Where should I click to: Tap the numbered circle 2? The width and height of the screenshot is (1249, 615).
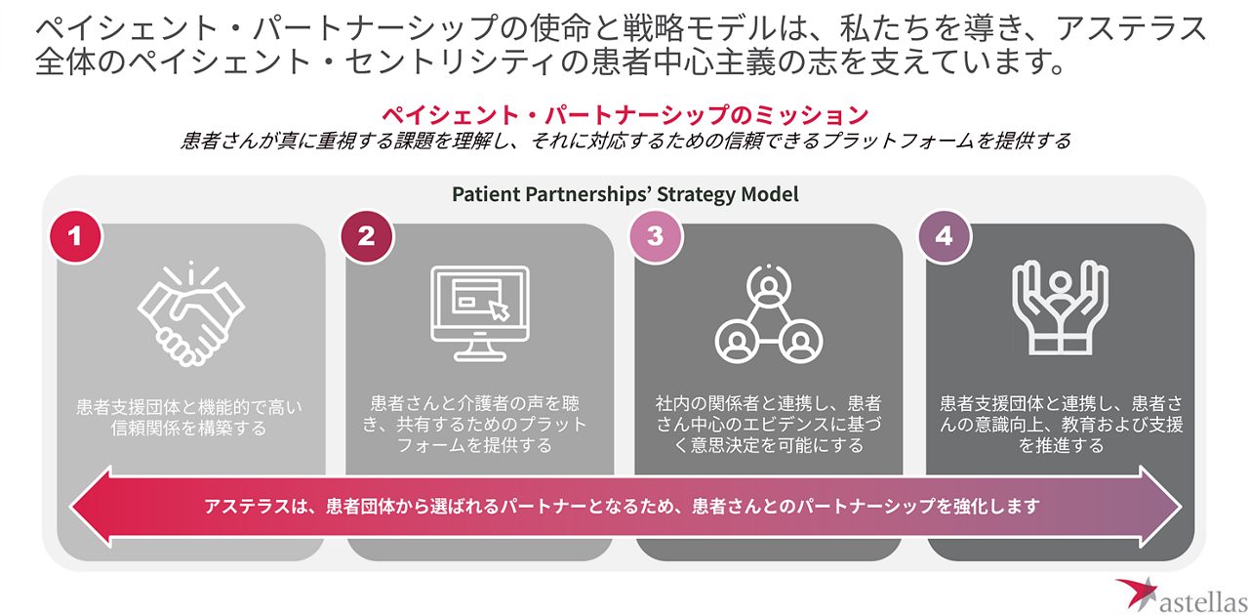366,236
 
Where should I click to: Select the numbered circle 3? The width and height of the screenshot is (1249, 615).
655,236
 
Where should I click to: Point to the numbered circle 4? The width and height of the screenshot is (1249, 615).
944,236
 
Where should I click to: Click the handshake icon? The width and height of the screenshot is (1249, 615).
190,313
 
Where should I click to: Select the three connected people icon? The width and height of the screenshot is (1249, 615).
769,311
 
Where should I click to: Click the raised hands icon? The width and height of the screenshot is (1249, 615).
1059,310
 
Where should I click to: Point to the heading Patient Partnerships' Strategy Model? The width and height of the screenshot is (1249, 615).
624,194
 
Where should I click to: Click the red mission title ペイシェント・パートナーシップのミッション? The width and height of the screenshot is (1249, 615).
624,115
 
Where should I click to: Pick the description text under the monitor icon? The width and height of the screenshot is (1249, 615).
478,424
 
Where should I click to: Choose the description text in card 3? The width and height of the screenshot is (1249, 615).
769,424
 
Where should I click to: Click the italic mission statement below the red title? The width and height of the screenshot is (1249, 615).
624,141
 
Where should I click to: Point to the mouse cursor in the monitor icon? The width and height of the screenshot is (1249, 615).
500,309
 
